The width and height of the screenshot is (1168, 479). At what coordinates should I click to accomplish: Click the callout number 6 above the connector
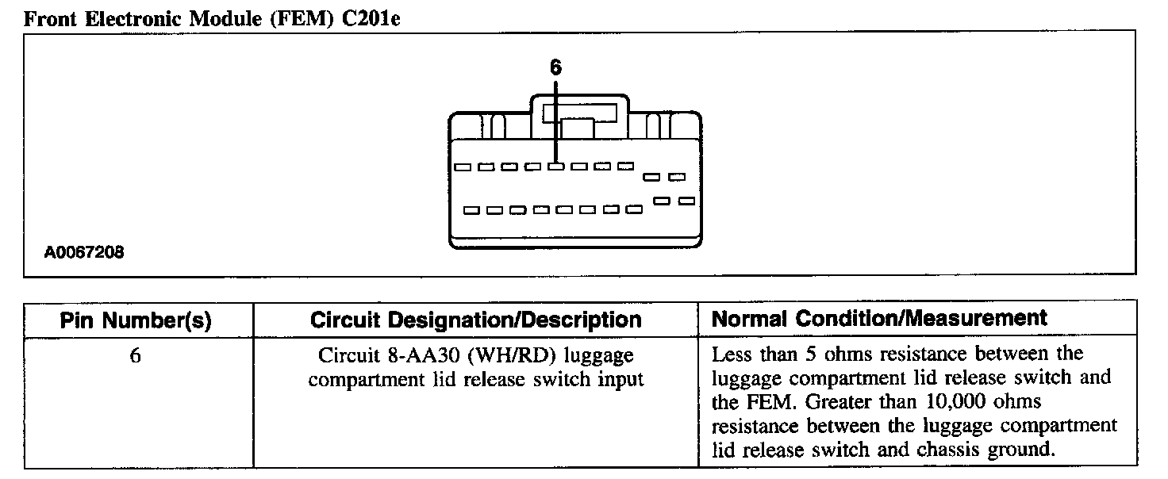555,68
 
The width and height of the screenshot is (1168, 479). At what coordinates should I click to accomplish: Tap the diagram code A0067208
85,253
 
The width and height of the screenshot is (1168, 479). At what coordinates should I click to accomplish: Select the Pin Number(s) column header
136,320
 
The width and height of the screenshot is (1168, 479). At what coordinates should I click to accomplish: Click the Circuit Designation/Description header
475,320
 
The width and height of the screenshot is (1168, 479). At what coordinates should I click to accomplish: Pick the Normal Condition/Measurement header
879,319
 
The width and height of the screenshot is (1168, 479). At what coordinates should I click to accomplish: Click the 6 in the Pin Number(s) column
136,356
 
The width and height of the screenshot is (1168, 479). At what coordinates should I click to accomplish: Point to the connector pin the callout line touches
556,167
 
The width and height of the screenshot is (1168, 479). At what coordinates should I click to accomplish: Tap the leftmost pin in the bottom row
471,210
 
